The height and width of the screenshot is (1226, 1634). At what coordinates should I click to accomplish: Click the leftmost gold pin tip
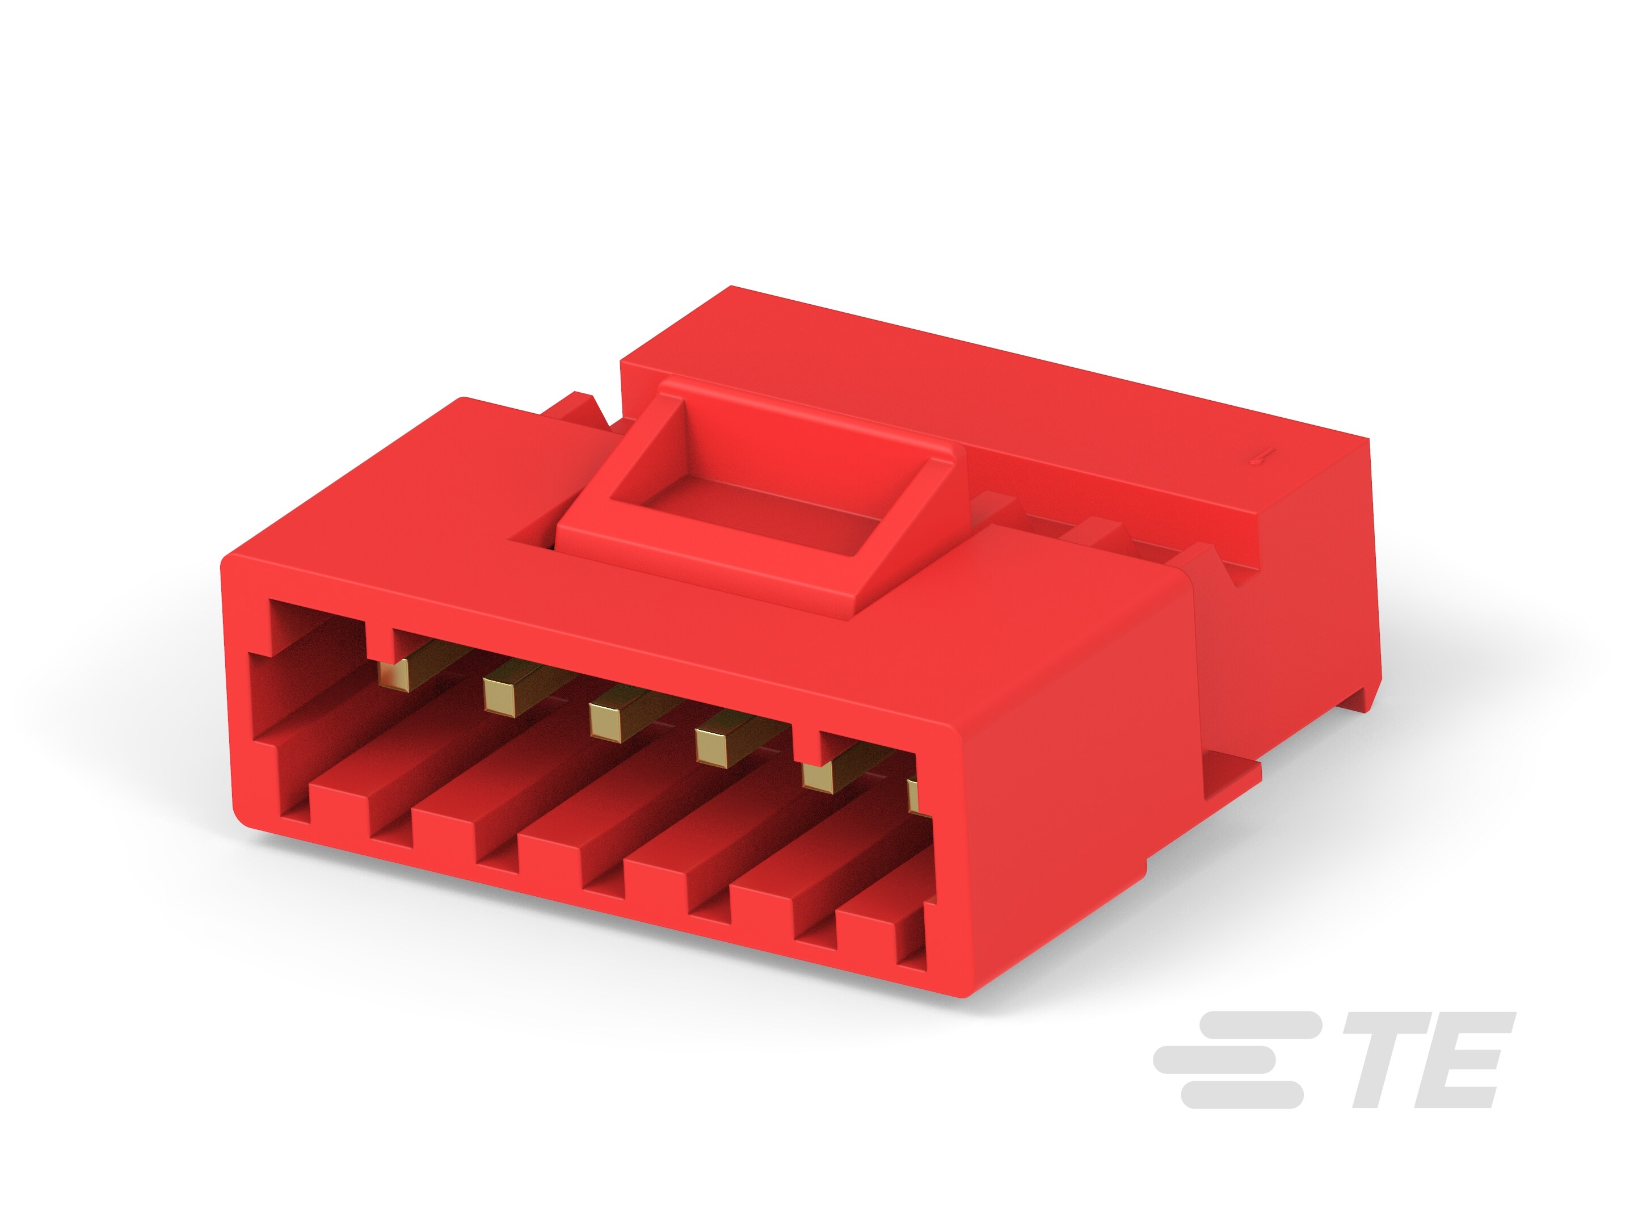click(x=394, y=674)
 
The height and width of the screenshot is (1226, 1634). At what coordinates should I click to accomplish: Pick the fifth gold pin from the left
click(x=818, y=773)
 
